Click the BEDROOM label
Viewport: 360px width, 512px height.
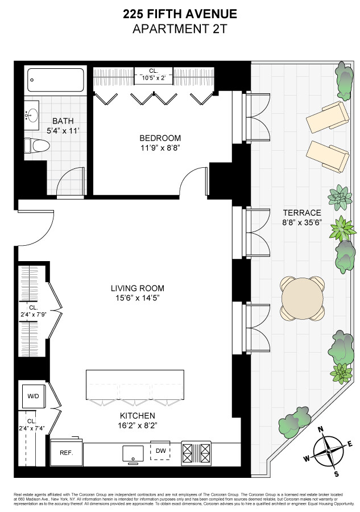point(160,138)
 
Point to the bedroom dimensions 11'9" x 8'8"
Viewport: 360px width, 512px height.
point(160,149)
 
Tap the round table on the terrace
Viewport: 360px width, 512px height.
point(302,298)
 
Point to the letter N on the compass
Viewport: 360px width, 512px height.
point(320,430)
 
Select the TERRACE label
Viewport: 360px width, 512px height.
point(302,212)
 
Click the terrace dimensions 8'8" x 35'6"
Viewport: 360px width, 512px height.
point(302,222)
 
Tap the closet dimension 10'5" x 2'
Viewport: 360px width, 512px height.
point(153,77)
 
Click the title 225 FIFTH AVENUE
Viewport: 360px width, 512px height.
point(180,14)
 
